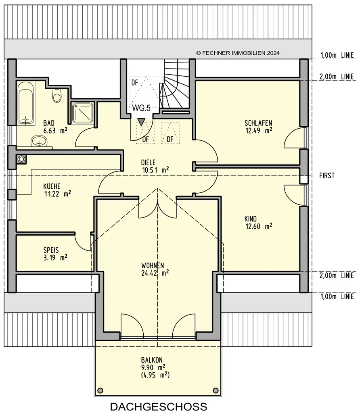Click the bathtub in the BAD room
click(x=26, y=103)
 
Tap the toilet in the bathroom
click(x=57, y=95)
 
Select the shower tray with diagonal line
click(x=82, y=113)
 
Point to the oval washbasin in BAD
click(x=39, y=142)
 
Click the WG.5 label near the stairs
click(x=141, y=108)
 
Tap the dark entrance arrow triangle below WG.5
click(x=142, y=122)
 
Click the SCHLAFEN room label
click(x=258, y=123)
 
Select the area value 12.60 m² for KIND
click(x=259, y=226)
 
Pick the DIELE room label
click(x=148, y=163)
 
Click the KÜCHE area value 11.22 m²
click(x=58, y=194)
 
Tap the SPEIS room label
click(x=51, y=250)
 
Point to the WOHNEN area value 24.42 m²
click(x=155, y=273)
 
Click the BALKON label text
click(x=152, y=360)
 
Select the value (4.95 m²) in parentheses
click(x=155, y=375)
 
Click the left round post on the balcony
click(x=100, y=390)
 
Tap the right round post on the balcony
click(x=216, y=390)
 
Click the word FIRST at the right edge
click(x=327, y=176)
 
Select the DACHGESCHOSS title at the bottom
click(x=159, y=407)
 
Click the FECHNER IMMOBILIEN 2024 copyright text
click(x=238, y=53)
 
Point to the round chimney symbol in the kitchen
click(x=21, y=159)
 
